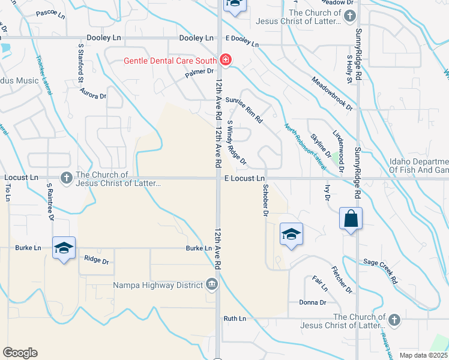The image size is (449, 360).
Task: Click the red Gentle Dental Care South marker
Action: point(225,60)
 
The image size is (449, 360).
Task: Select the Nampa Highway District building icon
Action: point(211,284)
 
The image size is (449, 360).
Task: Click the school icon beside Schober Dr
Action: point(291,233)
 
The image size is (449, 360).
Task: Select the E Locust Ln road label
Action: point(244,179)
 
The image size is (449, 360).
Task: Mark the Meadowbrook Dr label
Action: point(331,93)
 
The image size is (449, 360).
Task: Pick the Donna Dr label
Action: point(312,302)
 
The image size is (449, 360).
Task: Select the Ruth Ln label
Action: point(235,319)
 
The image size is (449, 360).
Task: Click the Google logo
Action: point(20,353)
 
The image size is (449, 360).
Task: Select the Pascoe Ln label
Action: point(50,13)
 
